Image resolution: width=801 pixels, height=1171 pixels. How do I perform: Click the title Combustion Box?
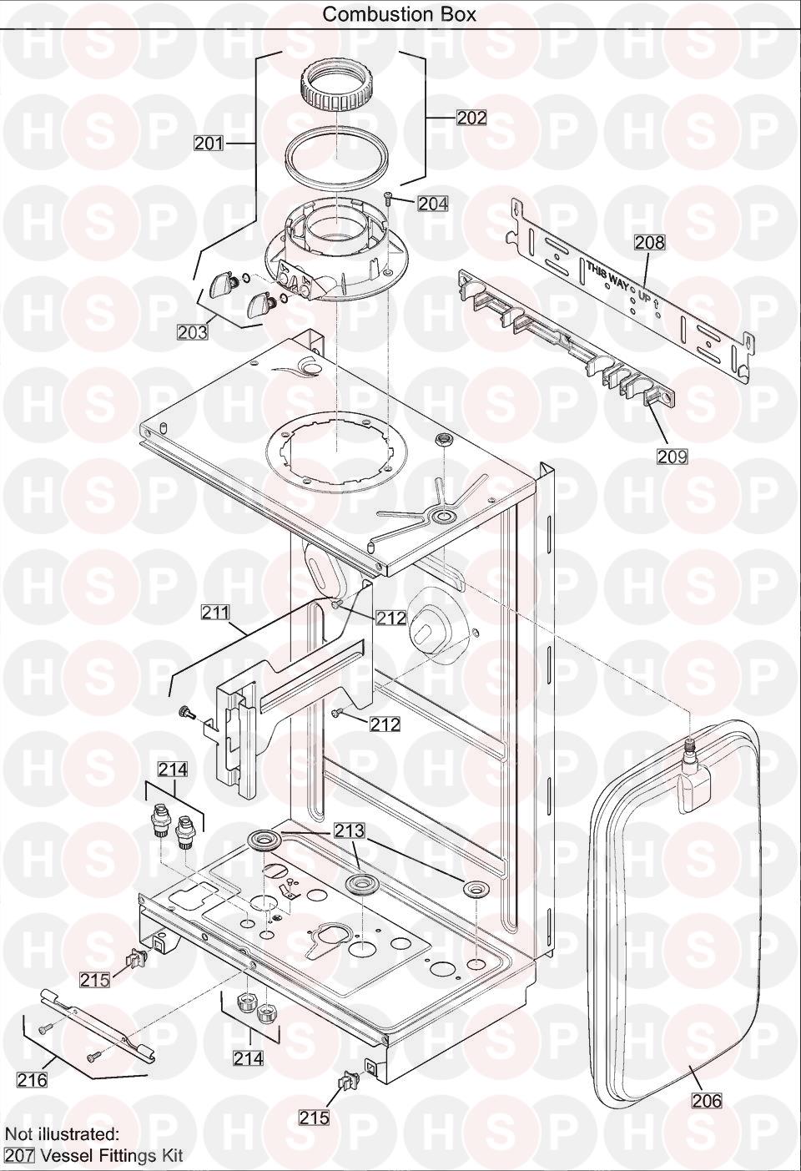(x=400, y=14)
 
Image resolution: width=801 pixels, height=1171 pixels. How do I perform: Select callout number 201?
(x=209, y=143)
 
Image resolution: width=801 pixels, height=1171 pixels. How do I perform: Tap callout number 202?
(x=471, y=118)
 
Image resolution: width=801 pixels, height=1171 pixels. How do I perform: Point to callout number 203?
(x=193, y=331)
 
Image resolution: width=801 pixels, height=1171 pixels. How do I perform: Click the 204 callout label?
(x=433, y=203)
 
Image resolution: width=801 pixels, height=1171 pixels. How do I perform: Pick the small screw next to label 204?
(x=389, y=197)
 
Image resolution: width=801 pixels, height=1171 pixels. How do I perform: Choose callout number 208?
(x=650, y=242)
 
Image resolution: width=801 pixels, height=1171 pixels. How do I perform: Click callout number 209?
(x=673, y=457)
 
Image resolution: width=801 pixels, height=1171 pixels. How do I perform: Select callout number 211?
(x=216, y=612)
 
